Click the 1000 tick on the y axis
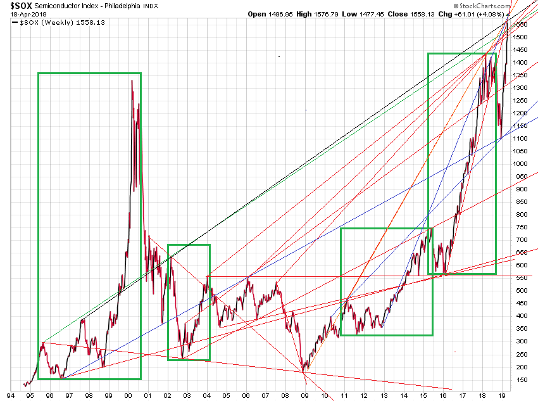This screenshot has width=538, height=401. point(522,163)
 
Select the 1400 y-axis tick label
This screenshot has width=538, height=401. point(522,62)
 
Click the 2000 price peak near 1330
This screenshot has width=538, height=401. point(132,80)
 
